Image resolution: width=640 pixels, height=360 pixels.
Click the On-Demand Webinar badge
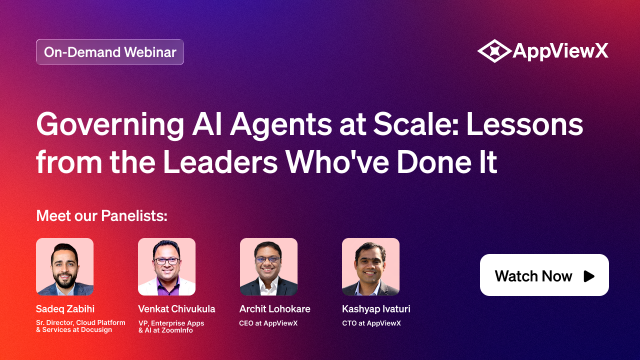coord(110,52)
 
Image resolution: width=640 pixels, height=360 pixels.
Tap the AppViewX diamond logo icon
coord(494,51)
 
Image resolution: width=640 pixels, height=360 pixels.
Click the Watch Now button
coord(544,275)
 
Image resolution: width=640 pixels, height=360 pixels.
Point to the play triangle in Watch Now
coord(589,276)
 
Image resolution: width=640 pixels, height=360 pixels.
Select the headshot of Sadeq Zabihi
coord(65,267)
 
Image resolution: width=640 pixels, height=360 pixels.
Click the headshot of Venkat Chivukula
coord(167,267)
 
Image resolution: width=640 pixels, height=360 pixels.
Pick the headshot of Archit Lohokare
coord(269,267)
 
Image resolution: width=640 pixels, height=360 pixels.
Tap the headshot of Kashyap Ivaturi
coord(371,267)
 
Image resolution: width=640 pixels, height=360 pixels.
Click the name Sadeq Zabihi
coord(65,309)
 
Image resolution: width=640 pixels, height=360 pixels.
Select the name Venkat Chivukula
coord(176,309)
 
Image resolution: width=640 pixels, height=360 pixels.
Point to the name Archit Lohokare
coord(275,309)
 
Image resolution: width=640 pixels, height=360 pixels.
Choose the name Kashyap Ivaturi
coord(376,309)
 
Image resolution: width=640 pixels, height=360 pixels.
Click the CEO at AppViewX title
coord(268,323)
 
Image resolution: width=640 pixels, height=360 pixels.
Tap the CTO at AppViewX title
coord(371,323)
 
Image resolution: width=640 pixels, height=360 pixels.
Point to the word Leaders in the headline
coord(220,162)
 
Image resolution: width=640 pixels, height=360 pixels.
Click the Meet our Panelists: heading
coord(102,216)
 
